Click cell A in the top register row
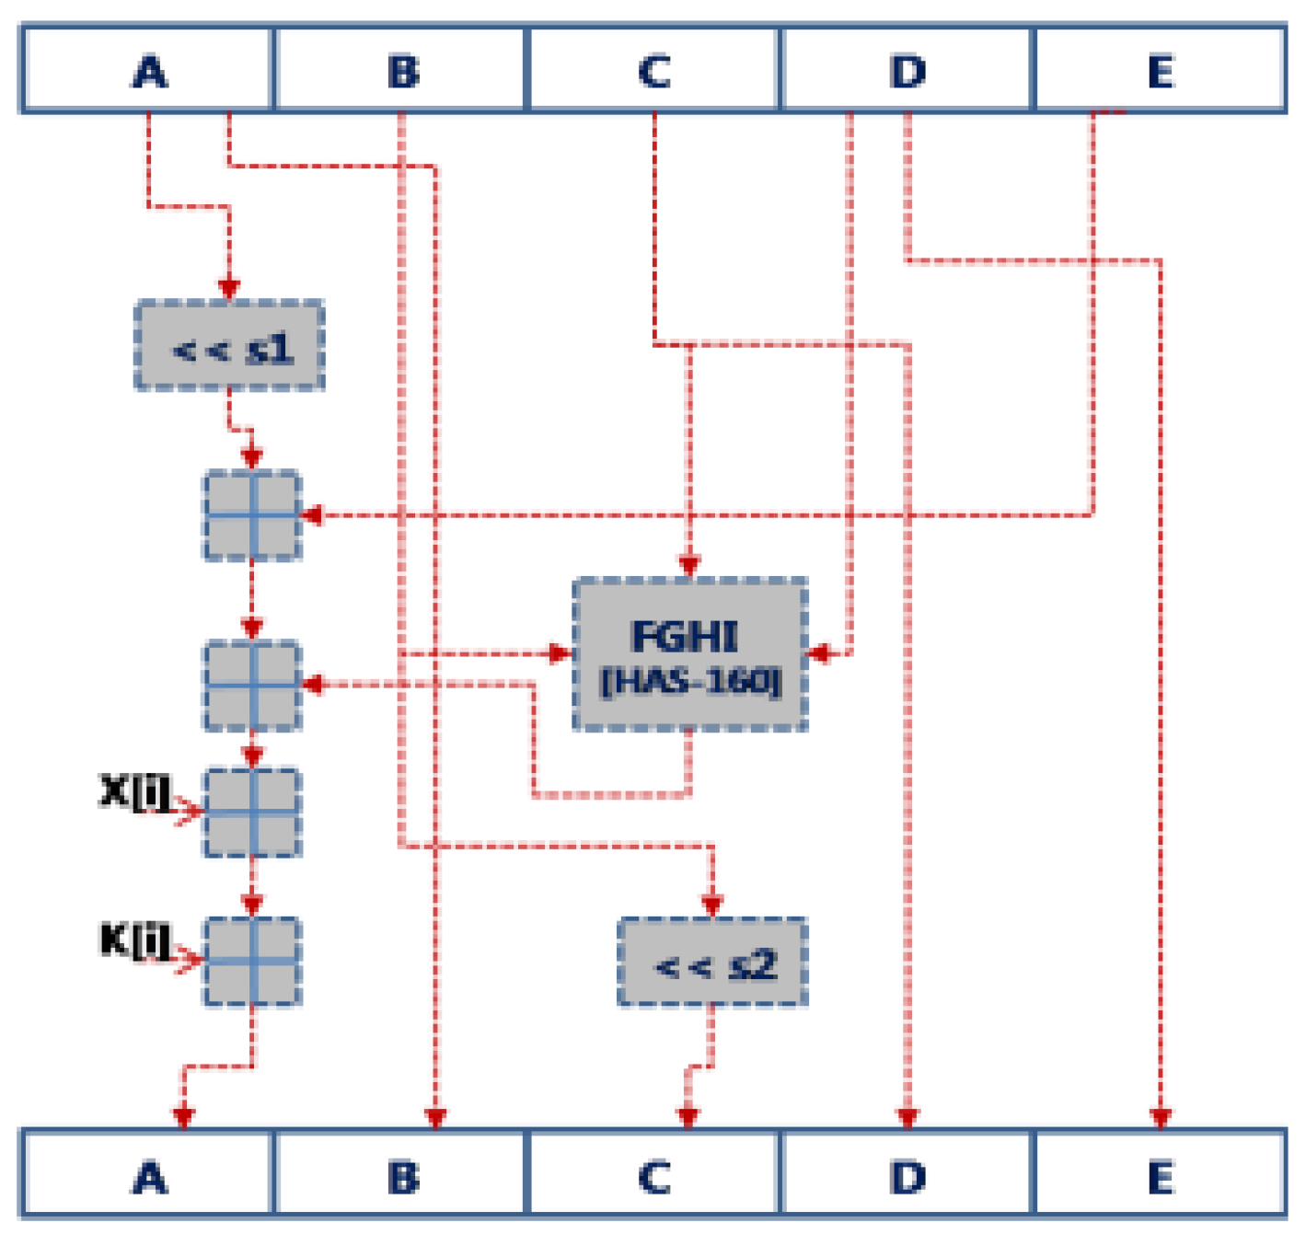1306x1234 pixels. pyautogui.click(x=148, y=71)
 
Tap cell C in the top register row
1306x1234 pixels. pyautogui.click(x=654, y=71)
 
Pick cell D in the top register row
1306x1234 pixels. pyautogui.click(x=907, y=71)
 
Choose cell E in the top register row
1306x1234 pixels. pyautogui.click(x=1161, y=71)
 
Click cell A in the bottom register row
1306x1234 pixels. pyautogui.click(x=148, y=1176)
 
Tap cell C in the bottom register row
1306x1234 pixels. pyautogui.click(x=654, y=1176)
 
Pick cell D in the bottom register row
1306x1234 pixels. pyautogui.click(x=907, y=1176)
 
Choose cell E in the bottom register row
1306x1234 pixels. pyautogui.click(x=1161, y=1176)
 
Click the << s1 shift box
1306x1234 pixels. pyautogui.click(x=230, y=346)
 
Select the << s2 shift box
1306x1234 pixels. pyautogui.click(x=712, y=963)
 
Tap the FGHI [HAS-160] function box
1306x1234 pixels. pyautogui.click(x=689, y=655)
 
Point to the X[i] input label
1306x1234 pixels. pyautogui.click(x=134, y=791)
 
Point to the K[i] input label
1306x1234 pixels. pyautogui.click(x=134, y=940)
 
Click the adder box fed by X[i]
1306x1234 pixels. pyautogui.click(x=252, y=813)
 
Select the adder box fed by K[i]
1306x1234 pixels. pyautogui.click(x=252, y=962)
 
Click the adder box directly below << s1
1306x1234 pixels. pyautogui.click(x=252, y=515)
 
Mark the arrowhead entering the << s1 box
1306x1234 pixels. pyautogui.click(x=229, y=289)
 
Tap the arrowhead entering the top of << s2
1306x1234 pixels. pyautogui.click(x=711, y=905)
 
